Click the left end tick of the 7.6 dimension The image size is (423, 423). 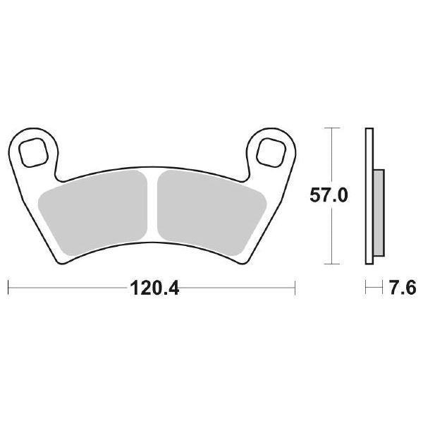tap(366, 288)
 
